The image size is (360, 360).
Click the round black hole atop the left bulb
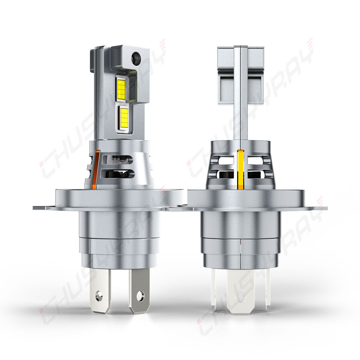pos(136,55)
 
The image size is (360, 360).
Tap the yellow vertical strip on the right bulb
pos(240,169)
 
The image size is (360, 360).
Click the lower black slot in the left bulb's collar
pos(118,173)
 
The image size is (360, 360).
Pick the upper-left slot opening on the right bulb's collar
pos(227,160)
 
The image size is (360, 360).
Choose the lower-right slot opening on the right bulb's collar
pos(255,174)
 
